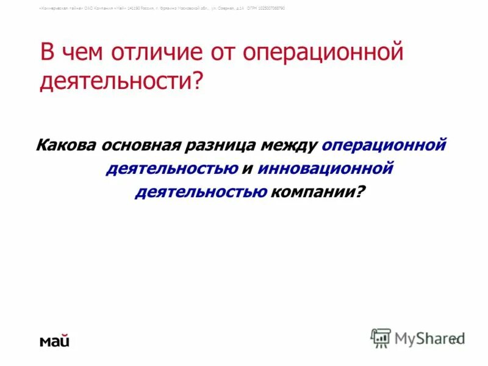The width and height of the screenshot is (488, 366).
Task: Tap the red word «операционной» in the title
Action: pos(323,52)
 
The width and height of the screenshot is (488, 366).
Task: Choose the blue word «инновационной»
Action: pos(325,168)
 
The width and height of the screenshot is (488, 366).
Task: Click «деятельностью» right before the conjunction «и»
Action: pos(171,168)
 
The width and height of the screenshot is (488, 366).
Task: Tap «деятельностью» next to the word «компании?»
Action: pos(200,192)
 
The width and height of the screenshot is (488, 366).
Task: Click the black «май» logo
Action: pos(55,340)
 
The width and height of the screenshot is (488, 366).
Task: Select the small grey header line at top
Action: pos(162,8)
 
